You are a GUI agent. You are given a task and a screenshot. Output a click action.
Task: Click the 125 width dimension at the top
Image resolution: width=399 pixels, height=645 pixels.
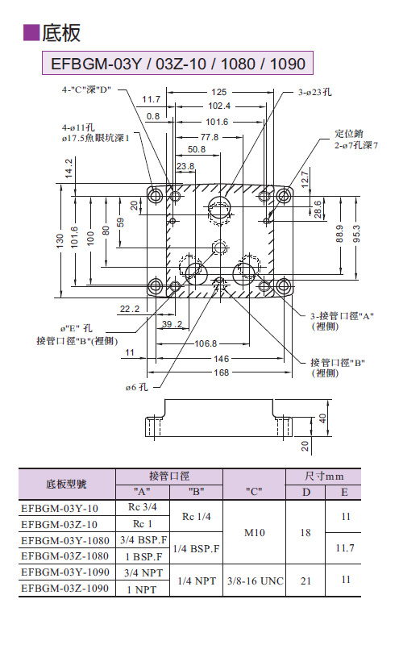coord(218,92)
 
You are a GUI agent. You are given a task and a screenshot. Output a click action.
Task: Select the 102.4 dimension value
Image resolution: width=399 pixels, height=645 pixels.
coord(219,106)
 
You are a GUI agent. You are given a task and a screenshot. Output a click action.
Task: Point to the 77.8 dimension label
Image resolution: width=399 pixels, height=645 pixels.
coord(210,137)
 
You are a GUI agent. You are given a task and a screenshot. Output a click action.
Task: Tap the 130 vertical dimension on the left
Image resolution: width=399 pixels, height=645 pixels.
coord(60,240)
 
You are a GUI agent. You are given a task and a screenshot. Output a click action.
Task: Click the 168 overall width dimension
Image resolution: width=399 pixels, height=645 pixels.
coord(222,372)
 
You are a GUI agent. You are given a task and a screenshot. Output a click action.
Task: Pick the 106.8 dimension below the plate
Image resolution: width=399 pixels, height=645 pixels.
coord(206,343)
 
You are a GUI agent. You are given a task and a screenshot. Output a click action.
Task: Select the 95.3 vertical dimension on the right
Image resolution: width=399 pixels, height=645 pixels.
coord(356,234)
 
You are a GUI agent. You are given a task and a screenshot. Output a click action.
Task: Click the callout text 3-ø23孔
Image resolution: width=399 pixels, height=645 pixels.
coord(314,92)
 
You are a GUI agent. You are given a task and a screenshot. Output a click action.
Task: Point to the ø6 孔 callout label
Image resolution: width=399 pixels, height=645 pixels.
coord(136,387)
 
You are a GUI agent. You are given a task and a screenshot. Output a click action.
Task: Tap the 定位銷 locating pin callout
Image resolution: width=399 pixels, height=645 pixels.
coord(348,133)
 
